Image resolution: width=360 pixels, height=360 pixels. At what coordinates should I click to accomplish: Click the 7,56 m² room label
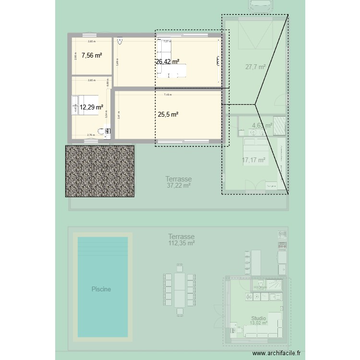click(92, 56)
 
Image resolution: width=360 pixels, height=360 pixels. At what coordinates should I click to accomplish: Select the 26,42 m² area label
click(168, 61)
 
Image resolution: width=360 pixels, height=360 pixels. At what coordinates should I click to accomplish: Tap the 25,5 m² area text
click(168, 114)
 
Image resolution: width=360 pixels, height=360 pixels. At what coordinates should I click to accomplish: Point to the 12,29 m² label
click(92, 108)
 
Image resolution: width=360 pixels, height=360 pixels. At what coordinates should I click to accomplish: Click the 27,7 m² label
click(256, 67)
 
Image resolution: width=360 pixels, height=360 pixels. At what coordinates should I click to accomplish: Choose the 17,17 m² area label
click(253, 160)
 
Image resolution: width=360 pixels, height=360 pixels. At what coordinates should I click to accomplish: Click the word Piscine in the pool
click(101, 289)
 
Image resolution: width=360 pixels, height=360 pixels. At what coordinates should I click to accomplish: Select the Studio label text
click(258, 318)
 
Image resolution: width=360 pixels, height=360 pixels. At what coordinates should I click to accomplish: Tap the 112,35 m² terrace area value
click(181, 243)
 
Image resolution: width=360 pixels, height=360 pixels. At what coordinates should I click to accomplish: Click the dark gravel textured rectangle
click(99, 171)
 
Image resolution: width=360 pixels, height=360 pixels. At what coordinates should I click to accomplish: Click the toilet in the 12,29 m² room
click(103, 130)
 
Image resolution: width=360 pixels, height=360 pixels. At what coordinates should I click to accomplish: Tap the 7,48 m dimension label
click(167, 95)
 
